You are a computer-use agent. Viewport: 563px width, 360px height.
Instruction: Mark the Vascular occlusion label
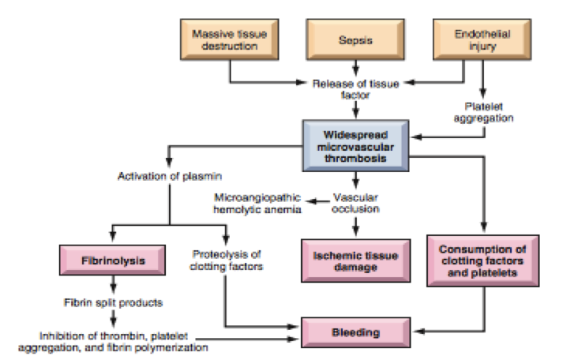point(356,203)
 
